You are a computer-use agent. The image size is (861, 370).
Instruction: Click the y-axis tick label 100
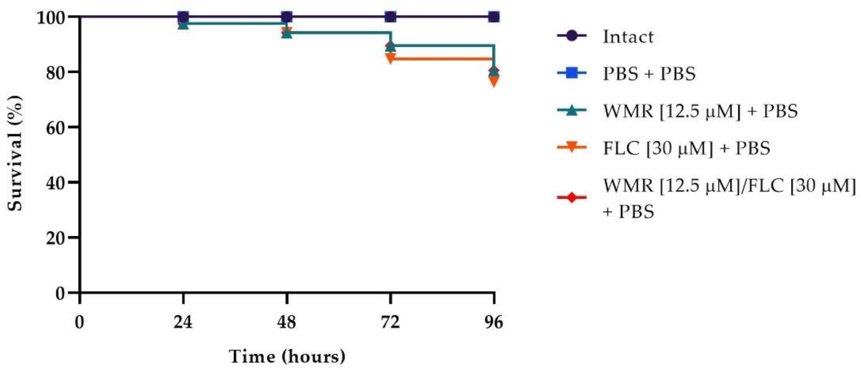(52, 17)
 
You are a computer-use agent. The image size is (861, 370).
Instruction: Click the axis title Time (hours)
(287, 357)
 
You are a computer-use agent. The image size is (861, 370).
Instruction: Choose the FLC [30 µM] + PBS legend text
(686, 148)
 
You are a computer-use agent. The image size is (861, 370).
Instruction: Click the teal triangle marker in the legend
(572, 111)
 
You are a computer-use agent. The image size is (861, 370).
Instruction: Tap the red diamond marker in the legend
(572, 197)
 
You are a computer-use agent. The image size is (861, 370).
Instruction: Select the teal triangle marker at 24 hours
(183, 24)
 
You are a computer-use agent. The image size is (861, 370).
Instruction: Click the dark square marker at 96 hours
(494, 17)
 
